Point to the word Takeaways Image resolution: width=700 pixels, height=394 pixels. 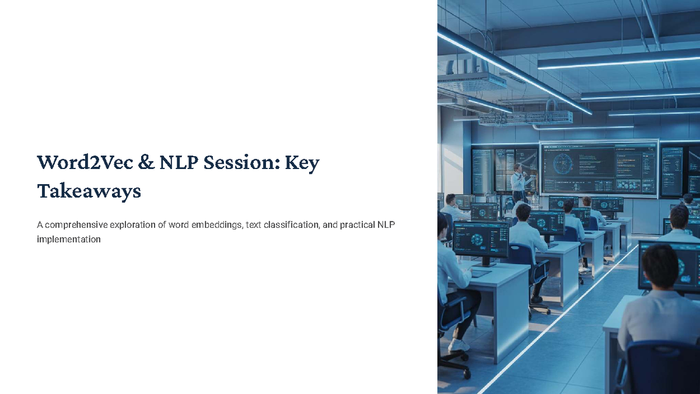tap(89, 191)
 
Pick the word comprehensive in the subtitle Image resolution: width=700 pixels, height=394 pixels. tap(73, 224)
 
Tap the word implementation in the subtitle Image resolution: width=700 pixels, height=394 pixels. tap(68, 239)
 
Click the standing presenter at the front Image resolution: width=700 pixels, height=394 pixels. tap(517, 182)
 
